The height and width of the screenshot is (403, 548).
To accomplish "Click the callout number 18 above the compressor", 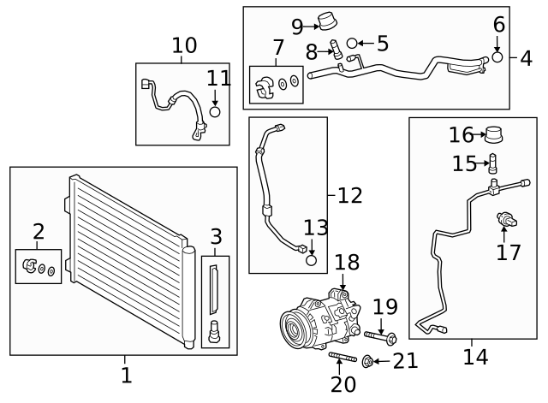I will click(x=347, y=263).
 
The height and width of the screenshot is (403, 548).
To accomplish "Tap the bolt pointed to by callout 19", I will click(x=381, y=336).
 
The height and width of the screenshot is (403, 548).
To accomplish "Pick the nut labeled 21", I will click(x=368, y=362).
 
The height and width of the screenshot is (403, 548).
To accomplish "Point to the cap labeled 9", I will click(x=325, y=21).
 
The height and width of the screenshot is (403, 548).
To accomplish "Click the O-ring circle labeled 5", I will click(x=352, y=43).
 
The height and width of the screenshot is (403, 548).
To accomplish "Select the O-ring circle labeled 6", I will click(x=497, y=57).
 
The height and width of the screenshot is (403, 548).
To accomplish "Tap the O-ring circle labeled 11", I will click(x=215, y=111).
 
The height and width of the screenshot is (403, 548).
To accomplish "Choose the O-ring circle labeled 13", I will click(x=313, y=259).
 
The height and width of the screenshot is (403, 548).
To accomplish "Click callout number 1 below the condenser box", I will click(x=126, y=375).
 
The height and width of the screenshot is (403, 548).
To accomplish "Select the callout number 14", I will click(x=475, y=356).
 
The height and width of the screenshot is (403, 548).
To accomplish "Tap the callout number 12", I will click(x=349, y=195).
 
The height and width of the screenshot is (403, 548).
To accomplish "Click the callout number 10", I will click(x=184, y=45).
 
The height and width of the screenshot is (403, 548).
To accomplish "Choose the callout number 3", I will click(x=216, y=237).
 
